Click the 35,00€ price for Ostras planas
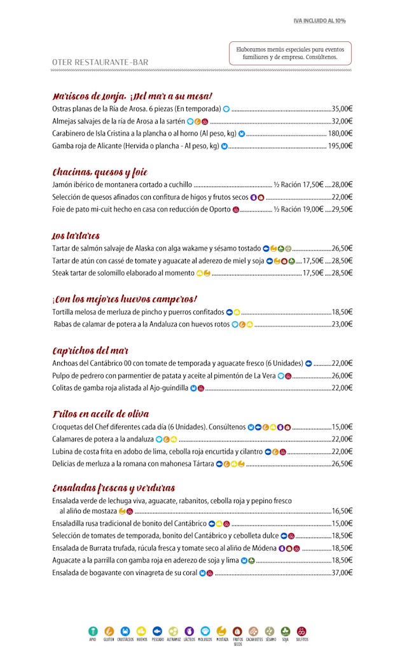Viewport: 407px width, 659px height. (341, 109)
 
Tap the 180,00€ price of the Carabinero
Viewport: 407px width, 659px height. (340, 134)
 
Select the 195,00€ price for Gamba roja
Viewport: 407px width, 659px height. (340, 146)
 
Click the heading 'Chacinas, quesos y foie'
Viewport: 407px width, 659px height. (100, 172)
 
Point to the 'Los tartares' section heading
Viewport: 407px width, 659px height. (76, 236)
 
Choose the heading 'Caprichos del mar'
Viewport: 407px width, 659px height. (90, 351)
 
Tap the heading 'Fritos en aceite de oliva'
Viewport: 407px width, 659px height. (100, 414)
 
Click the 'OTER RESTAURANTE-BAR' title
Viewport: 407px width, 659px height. (100, 62)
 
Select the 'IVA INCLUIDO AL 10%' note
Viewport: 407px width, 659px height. (319, 21)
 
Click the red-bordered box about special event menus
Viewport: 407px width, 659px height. (290, 53)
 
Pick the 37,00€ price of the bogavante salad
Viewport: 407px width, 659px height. (341, 573)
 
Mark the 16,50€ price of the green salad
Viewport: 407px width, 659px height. (341, 511)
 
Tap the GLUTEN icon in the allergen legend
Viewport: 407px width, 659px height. (109, 631)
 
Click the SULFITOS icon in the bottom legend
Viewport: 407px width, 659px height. (301, 631)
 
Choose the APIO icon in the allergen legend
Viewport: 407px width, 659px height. (93, 631)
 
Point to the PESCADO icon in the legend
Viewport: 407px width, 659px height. (157, 631)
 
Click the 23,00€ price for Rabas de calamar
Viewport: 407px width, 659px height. (341, 324)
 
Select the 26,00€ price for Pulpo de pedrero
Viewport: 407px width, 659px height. (341, 376)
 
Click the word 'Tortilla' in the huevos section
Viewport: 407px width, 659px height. (64, 312)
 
